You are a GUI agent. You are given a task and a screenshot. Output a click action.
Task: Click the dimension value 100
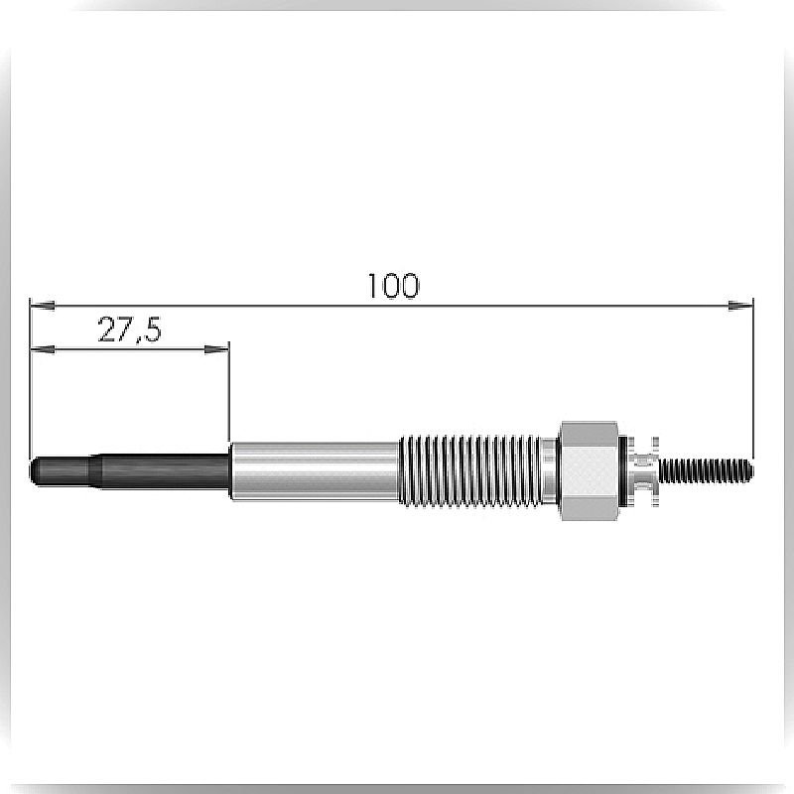coord(393,286)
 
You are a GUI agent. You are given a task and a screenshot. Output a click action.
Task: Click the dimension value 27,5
coord(129,330)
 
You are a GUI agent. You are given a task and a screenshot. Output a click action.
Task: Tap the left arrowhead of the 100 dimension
coord(43,306)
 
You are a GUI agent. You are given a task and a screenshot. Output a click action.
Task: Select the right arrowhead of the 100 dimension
coord(740,306)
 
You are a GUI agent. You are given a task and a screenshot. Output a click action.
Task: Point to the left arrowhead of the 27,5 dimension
coord(43,349)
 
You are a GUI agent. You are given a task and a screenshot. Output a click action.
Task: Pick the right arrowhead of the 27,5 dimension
coord(216,349)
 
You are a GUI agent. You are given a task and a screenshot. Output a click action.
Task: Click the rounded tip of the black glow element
coord(35,469)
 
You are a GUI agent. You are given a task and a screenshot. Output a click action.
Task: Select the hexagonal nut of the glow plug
coord(590,470)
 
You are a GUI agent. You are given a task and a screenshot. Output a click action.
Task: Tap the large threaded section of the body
coord(469,470)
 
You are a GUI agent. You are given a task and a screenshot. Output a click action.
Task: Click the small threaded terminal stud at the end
coord(706,470)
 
